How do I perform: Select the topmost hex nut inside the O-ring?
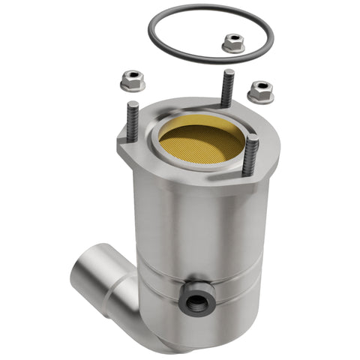(233, 44)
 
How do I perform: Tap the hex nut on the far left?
(132, 80)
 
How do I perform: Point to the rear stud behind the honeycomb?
(227, 88)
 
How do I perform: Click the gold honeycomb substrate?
(200, 143)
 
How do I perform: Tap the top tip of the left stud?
(132, 104)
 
